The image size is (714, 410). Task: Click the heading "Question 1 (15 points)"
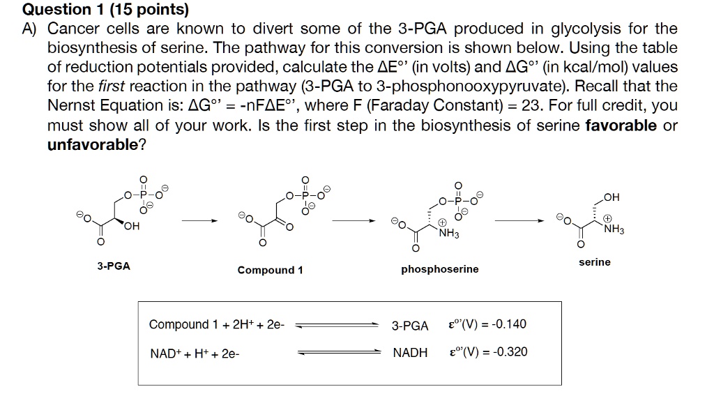click(105, 9)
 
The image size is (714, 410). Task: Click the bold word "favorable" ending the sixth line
click(621, 126)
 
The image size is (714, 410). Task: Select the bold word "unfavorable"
click(93, 144)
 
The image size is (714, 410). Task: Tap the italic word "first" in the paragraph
click(111, 86)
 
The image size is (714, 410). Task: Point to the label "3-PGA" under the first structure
click(114, 266)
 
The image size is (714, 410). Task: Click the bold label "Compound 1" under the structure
click(270, 270)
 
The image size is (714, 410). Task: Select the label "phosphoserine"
click(440, 269)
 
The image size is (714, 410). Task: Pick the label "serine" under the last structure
click(595, 262)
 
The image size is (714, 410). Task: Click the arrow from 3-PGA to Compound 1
click(199, 221)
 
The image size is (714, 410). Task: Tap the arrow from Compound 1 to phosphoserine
click(354, 221)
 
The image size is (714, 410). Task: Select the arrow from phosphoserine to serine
click(519, 221)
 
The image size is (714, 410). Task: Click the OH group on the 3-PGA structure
click(132, 226)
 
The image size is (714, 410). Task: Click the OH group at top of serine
click(612, 197)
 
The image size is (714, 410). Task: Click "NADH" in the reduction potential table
click(410, 353)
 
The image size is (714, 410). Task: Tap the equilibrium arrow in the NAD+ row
click(340, 352)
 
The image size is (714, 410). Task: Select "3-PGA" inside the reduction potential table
click(410, 326)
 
